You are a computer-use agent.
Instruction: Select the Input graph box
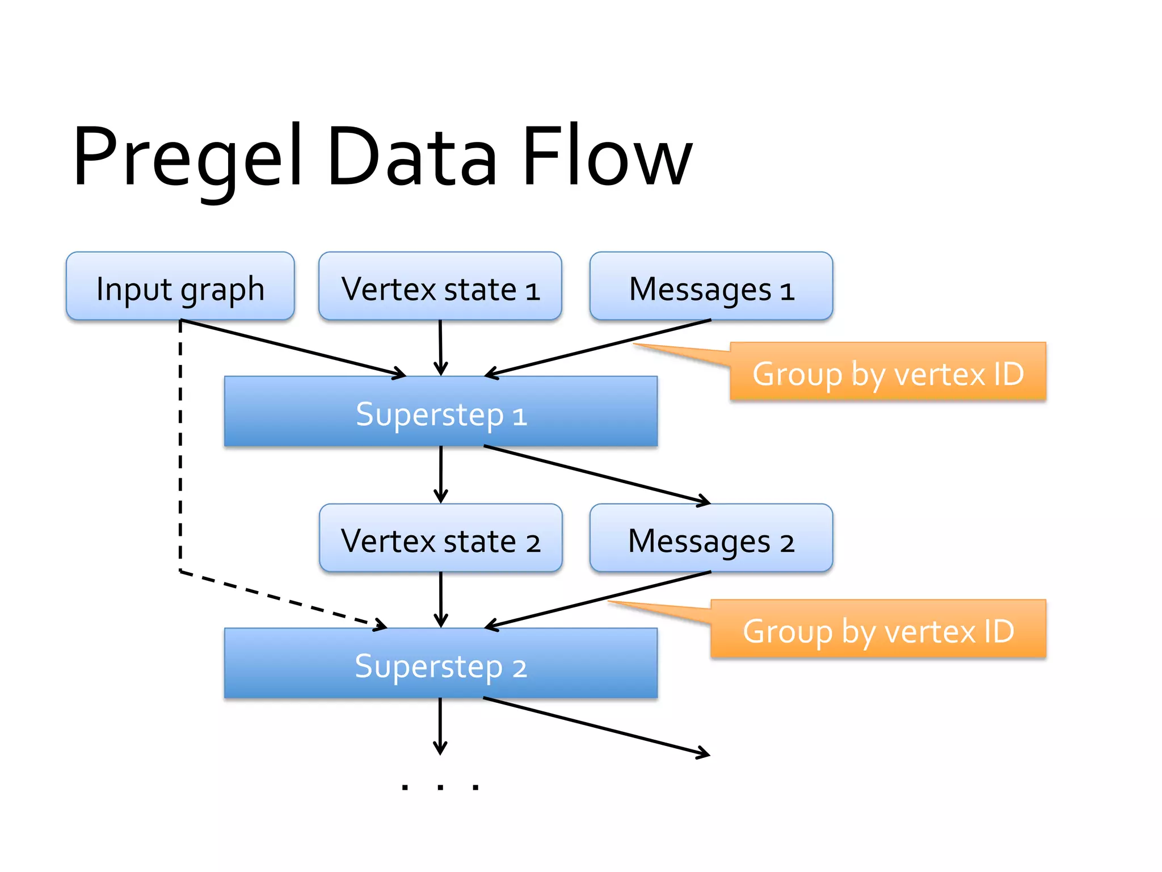pyautogui.click(x=180, y=287)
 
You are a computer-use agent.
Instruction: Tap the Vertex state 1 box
pyautogui.click(x=440, y=287)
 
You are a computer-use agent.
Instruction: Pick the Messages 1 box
pyautogui.click(x=711, y=287)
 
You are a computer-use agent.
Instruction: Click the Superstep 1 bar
pyautogui.click(x=441, y=412)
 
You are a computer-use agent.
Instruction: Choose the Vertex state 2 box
pyautogui.click(x=441, y=538)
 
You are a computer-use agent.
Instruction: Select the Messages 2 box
pyautogui.click(x=711, y=538)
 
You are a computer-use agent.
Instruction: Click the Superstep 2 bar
pyautogui.click(x=441, y=663)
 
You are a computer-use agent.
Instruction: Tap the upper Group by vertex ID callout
pyautogui.click(x=888, y=372)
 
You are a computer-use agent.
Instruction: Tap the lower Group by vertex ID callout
pyautogui.click(x=878, y=630)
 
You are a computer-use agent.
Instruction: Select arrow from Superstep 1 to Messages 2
pyautogui.click(x=596, y=475)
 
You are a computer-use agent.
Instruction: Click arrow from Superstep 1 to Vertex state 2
pyautogui.click(x=441, y=475)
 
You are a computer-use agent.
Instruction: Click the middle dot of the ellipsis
pyautogui.click(x=440, y=787)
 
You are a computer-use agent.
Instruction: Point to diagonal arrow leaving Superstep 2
pyautogui.click(x=596, y=726)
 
